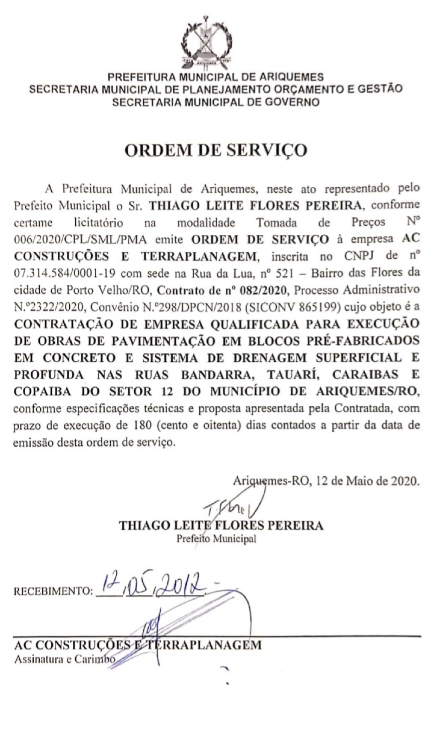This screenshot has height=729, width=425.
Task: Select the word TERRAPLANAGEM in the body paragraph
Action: [x=199, y=257]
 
